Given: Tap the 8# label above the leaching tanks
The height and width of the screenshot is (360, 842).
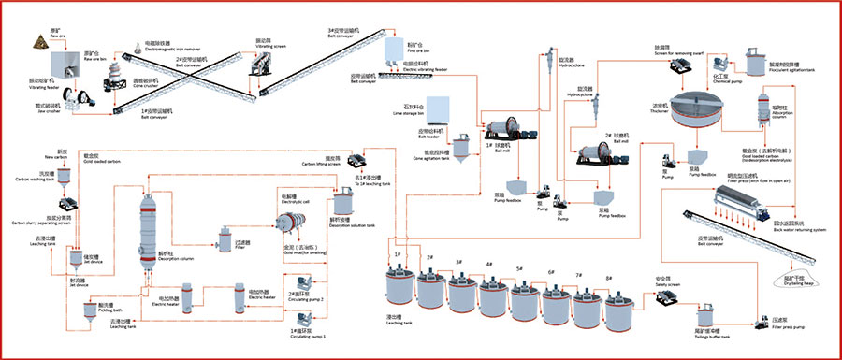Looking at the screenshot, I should pyautogui.click(x=609, y=278).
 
